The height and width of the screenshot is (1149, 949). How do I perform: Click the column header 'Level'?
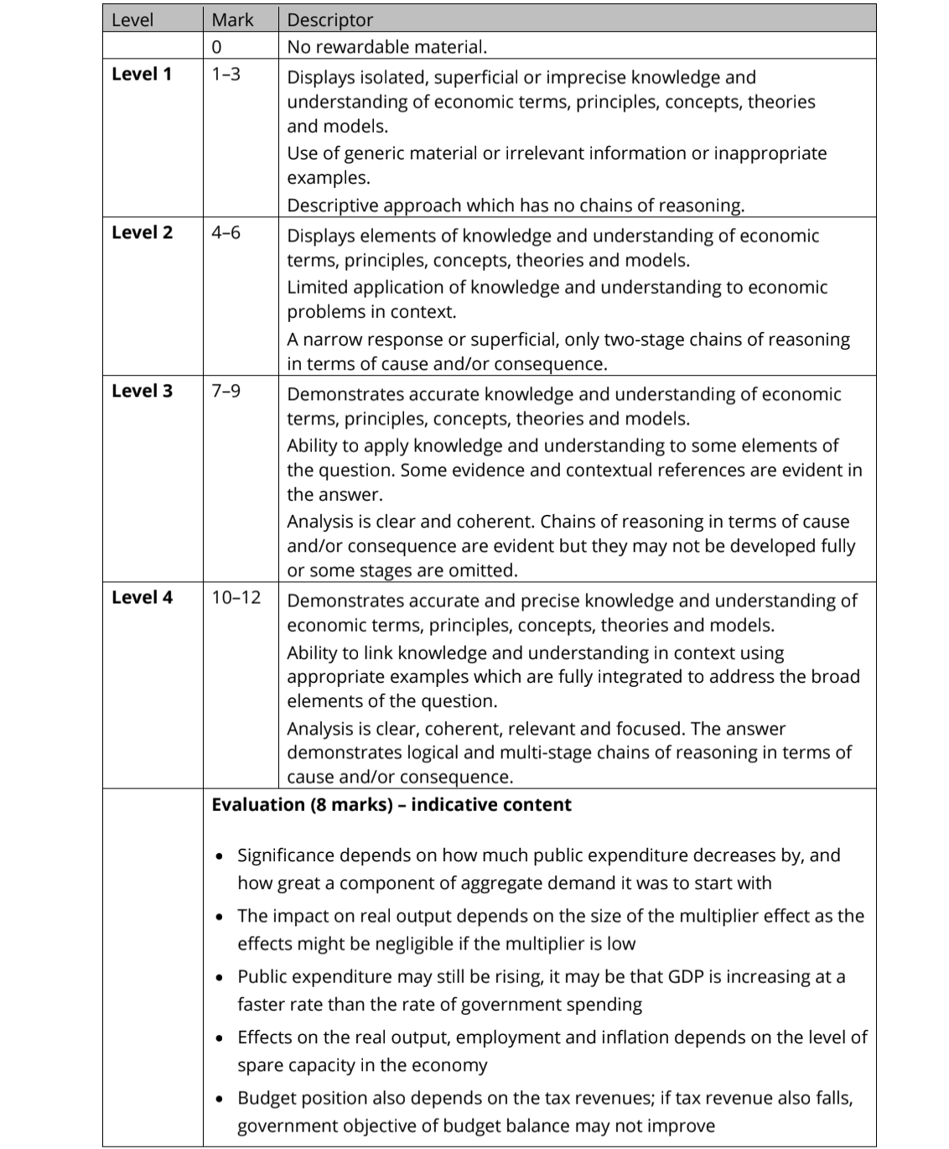coord(132,20)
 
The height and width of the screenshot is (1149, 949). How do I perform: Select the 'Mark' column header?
coord(232,20)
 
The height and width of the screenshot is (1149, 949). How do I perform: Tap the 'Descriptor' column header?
coord(329,20)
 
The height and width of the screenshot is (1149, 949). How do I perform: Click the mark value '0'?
coord(216,47)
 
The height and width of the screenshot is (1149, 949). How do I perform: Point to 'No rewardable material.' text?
coord(386,47)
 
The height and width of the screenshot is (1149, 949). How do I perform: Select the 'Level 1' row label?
coord(142,74)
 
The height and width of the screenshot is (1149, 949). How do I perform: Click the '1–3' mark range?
coord(226,74)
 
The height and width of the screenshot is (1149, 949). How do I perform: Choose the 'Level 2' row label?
coord(142,232)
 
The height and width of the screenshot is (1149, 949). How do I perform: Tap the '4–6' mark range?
coord(226,232)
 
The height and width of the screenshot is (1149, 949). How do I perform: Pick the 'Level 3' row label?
coord(142,391)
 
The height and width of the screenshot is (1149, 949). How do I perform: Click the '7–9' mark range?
coord(226,391)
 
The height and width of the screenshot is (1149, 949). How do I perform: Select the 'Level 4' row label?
coord(142,597)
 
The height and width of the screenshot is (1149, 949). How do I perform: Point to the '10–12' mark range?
coord(236,597)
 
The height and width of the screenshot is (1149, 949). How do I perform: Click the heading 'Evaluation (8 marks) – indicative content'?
coord(392,805)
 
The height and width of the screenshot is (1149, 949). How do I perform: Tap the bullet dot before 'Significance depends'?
coord(220,857)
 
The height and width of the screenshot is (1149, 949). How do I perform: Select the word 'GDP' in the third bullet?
coord(686,976)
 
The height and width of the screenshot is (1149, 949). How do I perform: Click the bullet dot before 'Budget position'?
coord(220,1100)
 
